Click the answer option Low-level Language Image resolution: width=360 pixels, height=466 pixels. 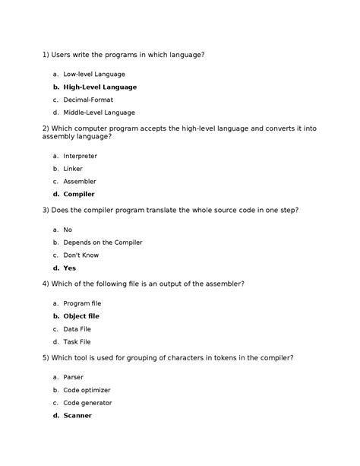pos(94,74)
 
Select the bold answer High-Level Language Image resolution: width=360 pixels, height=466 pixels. pos(99,87)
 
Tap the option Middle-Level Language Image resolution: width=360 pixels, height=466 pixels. pos(99,113)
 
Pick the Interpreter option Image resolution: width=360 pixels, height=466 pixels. pos(80,156)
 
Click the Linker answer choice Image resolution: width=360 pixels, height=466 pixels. pos(73,169)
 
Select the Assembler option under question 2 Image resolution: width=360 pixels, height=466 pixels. pos(80,182)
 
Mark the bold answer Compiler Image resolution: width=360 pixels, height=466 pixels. pos(79,195)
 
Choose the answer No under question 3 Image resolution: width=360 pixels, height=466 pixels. pos(68,229)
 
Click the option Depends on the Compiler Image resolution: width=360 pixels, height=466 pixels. pos(103,242)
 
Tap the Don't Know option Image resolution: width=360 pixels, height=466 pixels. pos(81,255)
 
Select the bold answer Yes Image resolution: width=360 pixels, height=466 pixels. pos(70,268)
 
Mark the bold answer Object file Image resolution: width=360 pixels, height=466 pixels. pos(81,315)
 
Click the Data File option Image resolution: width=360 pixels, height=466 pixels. pos(78,328)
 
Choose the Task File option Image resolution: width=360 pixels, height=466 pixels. pos(78,341)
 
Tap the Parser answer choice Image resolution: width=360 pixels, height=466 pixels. pos(74,376)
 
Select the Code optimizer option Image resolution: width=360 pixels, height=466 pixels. pos(88,389)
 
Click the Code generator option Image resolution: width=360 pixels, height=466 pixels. pos(87,402)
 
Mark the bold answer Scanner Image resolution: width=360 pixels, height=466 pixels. pos(77,415)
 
